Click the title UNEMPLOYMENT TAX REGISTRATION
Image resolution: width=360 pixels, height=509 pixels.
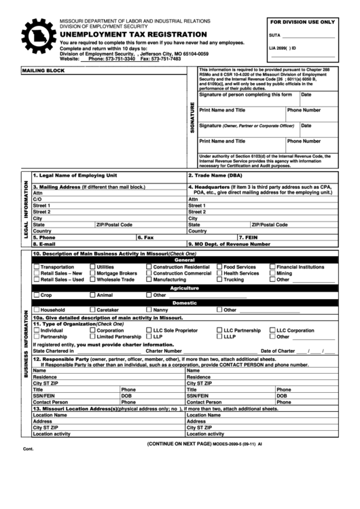click(x=134, y=34)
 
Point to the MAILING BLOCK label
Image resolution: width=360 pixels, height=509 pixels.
click(x=42, y=71)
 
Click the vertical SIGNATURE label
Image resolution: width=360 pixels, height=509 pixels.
click(x=192, y=118)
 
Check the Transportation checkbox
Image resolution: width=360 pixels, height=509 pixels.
click(x=37, y=267)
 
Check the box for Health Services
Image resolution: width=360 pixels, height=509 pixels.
click(x=219, y=273)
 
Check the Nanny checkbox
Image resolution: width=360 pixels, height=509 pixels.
click(x=148, y=310)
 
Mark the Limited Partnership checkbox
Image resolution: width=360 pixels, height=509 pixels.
click(x=92, y=336)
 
